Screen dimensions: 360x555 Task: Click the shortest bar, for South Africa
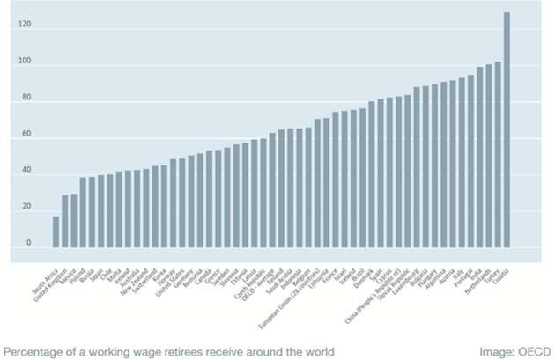coord(55,231)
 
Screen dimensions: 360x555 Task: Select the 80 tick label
coord(26,99)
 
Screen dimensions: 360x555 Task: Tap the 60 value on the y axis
coord(26,135)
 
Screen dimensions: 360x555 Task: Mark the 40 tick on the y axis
coord(26,171)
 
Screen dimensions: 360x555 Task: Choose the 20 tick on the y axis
coord(26,207)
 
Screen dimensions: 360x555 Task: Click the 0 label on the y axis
coord(28,243)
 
